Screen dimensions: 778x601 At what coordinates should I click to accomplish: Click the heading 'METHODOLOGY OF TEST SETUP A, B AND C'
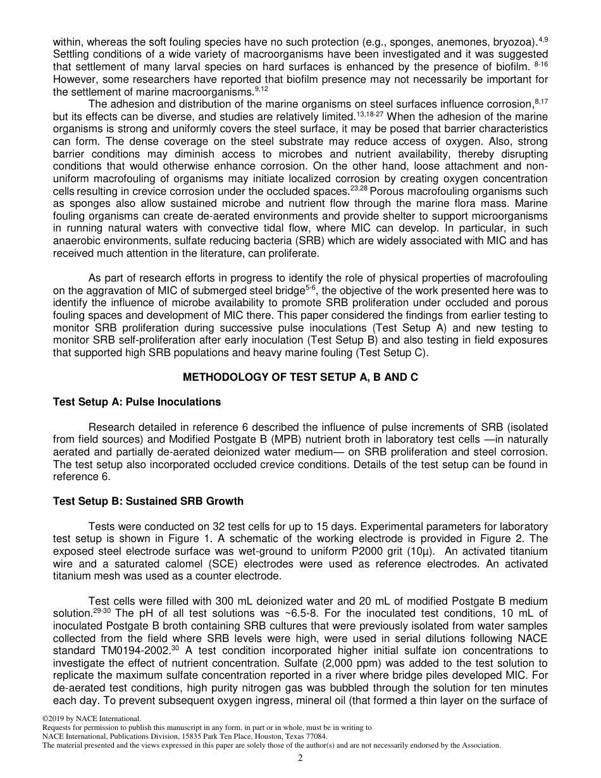pyautogui.click(x=300, y=378)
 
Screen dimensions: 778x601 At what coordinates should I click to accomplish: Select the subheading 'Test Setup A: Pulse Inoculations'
pyautogui.click(x=137, y=402)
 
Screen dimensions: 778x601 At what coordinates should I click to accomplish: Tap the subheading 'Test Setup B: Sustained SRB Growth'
pyautogui.click(x=148, y=502)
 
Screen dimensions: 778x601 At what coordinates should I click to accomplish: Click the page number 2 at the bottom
pyautogui.click(x=300, y=758)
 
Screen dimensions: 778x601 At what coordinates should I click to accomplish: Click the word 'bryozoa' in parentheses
pyautogui.click(x=509, y=42)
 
